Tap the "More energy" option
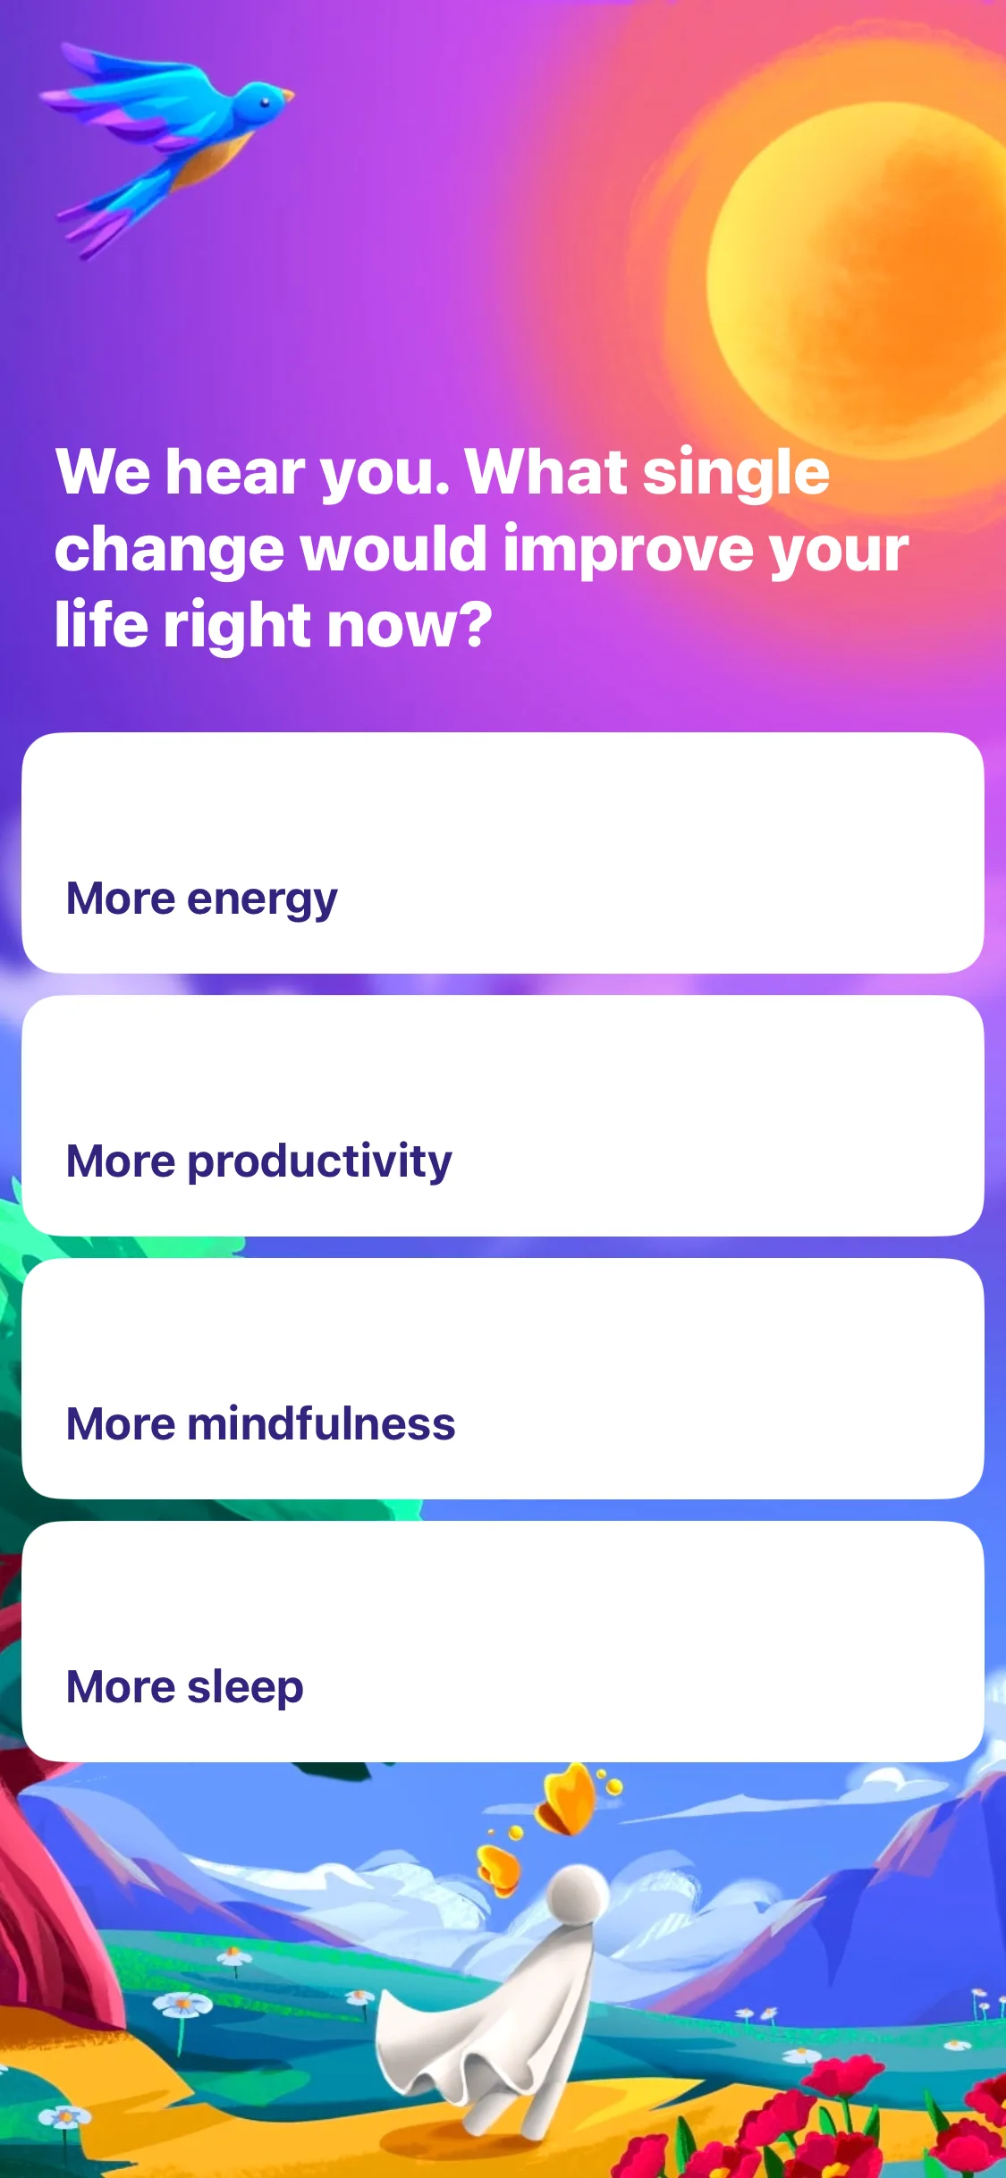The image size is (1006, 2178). pyautogui.click(x=503, y=853)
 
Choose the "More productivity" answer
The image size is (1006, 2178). pyautogui.click(x=503, y=1116)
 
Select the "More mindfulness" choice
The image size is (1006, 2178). pyautogui.click(x=503, y=1379)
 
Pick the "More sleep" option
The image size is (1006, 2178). pyautogui.click(x=503, y=1642)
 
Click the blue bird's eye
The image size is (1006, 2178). pyautogui.click(x=265, y=101)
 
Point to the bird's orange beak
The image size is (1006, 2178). pyautogui.click(x=285, y=94)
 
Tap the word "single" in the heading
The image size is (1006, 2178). pyautogui.click(x=737, y=474)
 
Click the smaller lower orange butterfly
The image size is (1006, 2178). pyautogui.click(x=498, y=1870)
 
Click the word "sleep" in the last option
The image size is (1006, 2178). pyautogui.click(x=246, y=1688)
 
